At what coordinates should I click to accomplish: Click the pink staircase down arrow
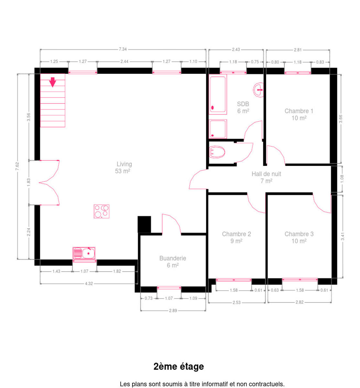[52, 82]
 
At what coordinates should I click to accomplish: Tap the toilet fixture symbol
[217, 152]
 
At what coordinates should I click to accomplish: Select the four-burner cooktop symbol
[102, 211]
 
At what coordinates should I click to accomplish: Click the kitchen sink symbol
[84, 253]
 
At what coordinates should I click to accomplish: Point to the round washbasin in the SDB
[258, 90]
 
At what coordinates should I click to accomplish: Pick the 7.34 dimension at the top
[123, 49]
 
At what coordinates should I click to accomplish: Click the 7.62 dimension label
[17, 166]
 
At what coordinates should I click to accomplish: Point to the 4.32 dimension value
[89, 284]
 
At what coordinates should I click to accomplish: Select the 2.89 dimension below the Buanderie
[173, 310]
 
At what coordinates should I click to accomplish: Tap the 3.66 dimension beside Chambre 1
[341, 119]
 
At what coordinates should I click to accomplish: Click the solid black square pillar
[144, 224]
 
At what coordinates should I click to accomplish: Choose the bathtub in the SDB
[218, 94]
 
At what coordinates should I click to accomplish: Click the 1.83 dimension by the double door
[28, 182]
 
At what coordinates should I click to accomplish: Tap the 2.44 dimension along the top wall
[125, 61]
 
